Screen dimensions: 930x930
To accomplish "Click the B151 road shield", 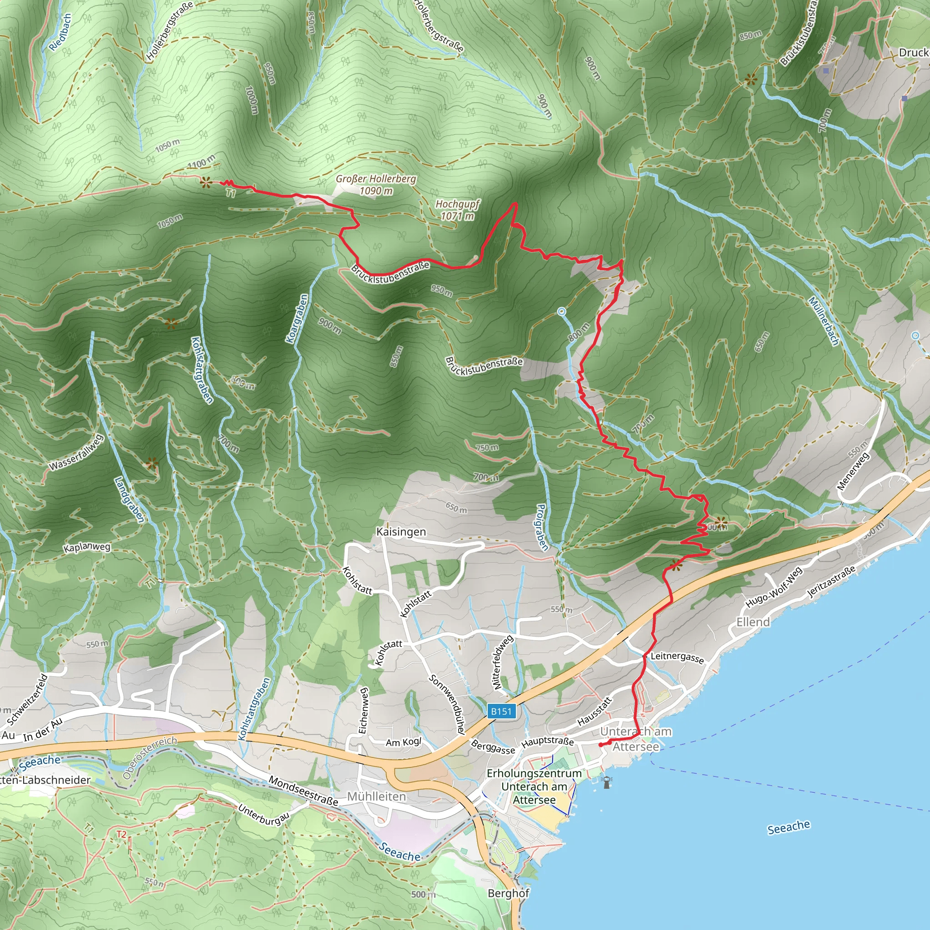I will point(501,711).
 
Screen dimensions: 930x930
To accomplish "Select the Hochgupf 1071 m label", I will point(457,210).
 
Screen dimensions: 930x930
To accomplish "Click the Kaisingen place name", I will point(401,532).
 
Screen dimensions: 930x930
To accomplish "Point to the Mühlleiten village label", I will point(376,796).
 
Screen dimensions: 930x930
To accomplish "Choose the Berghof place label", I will point(508,893).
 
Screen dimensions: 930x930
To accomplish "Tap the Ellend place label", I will point(753,622).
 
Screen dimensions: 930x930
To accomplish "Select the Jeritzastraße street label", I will point(831,582).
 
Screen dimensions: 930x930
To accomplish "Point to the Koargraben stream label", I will point(297,319).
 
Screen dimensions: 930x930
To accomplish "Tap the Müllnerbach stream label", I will point(824,321).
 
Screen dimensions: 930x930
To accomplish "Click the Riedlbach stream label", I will point(61,32).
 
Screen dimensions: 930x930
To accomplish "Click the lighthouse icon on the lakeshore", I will point(607,782).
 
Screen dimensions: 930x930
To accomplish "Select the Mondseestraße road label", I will point(303,791).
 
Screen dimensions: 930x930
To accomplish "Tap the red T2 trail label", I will point(121,834).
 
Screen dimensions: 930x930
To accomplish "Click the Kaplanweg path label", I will point(87,548).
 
